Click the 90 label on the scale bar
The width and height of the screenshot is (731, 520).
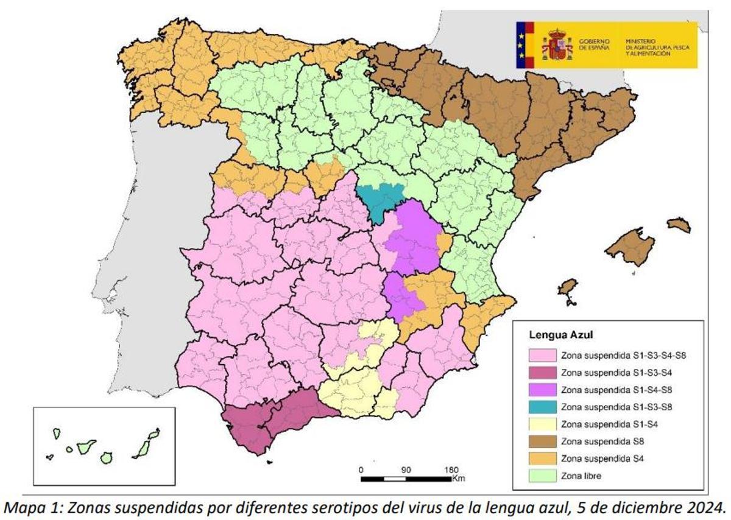tap(406, 469)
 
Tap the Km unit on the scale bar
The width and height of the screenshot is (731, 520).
tap(458, 479)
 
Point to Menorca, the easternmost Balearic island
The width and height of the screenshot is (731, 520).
tap(679, 225)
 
